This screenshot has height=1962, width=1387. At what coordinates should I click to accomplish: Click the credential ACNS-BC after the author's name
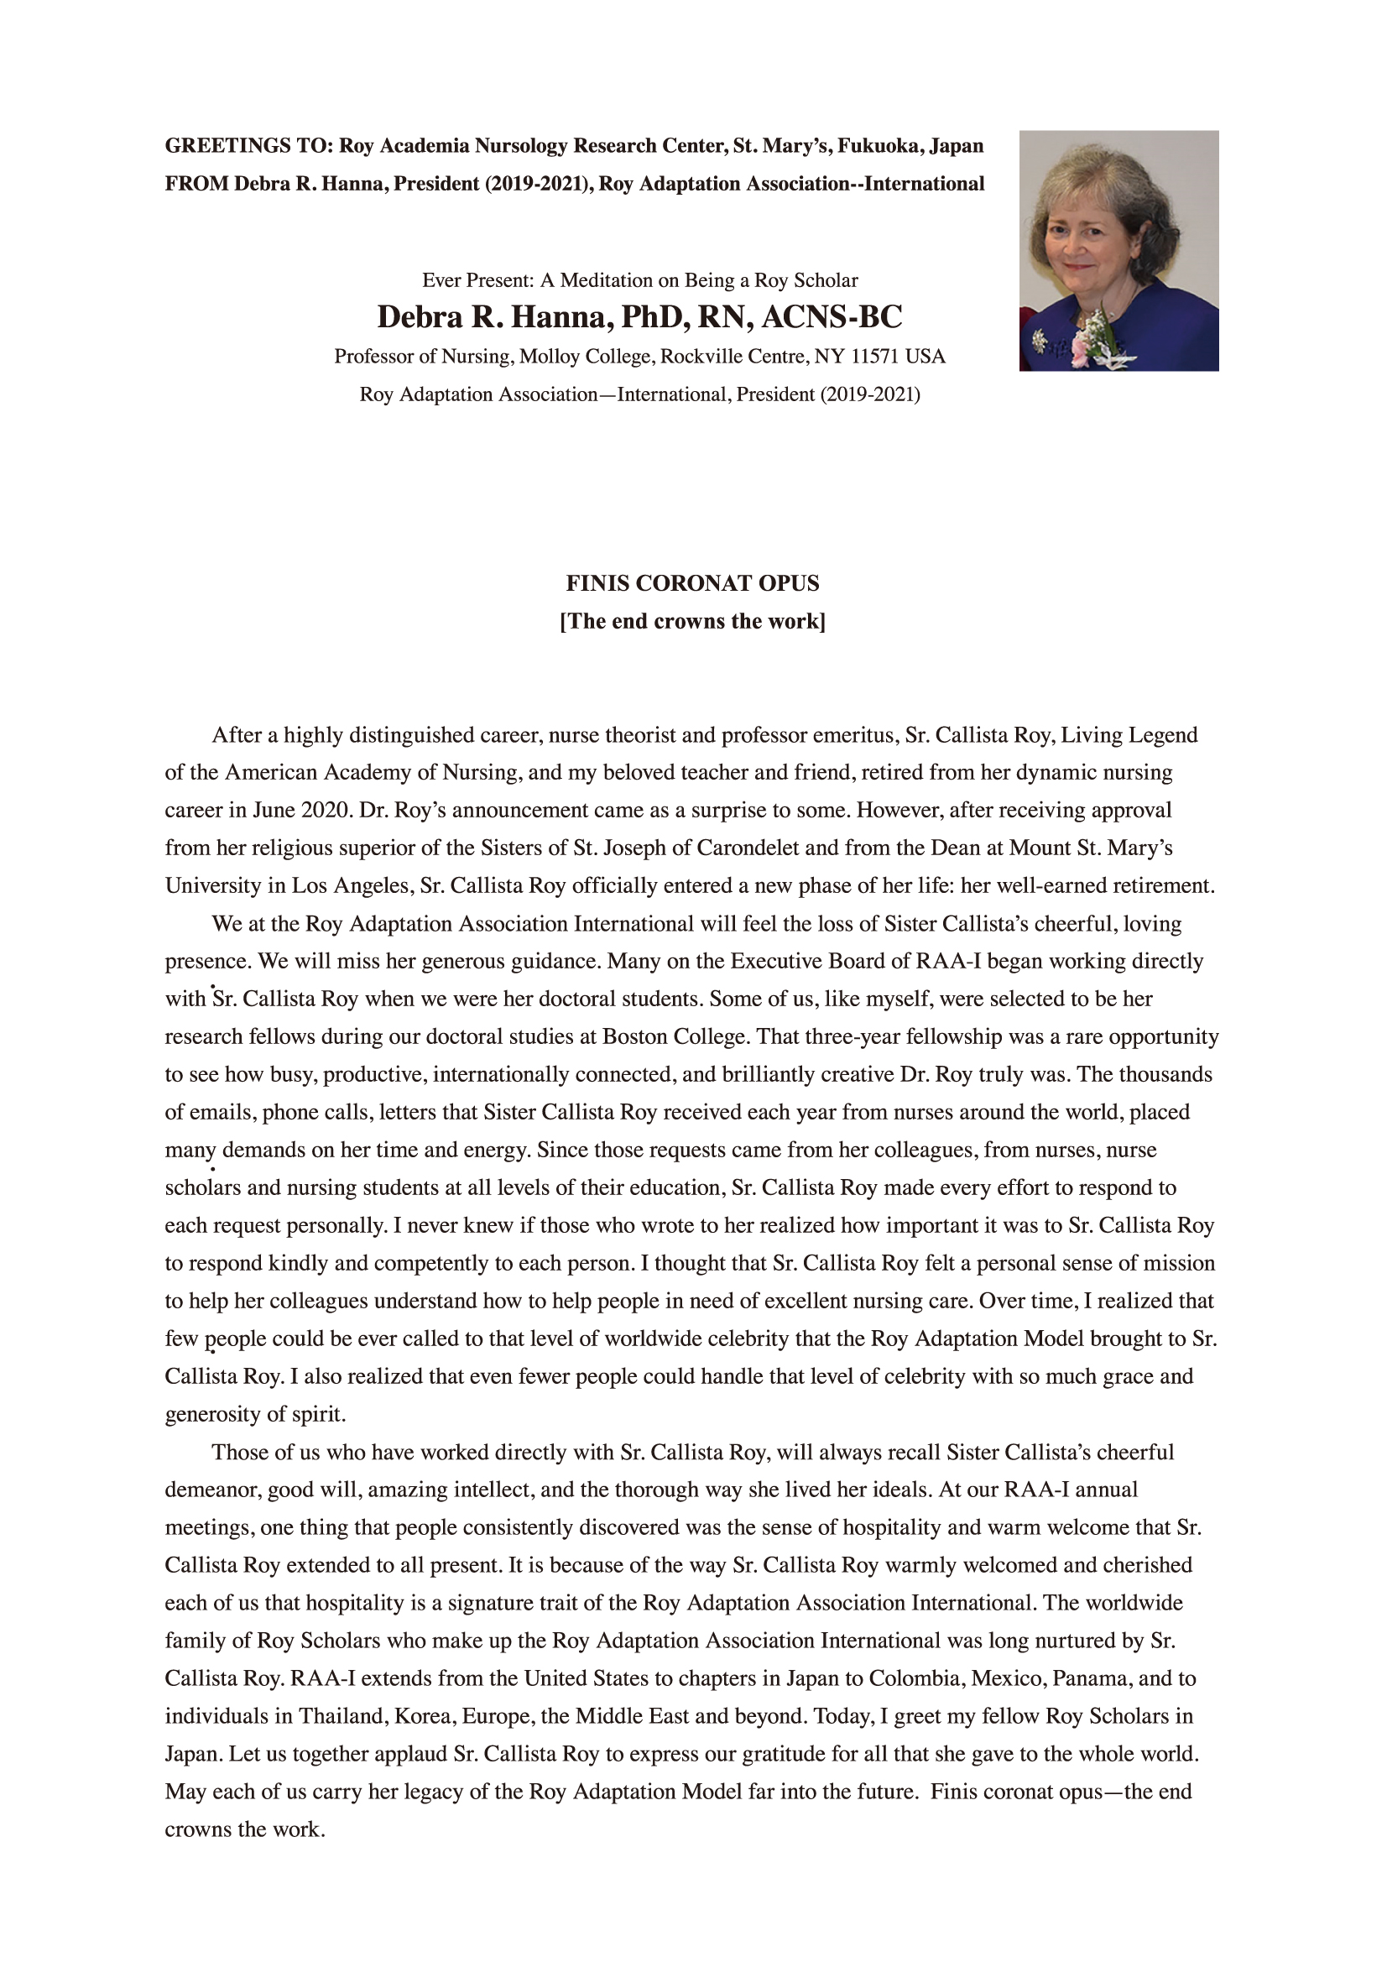tap(832, 317)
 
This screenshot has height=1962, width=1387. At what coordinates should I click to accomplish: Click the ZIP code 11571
tap(875, 357)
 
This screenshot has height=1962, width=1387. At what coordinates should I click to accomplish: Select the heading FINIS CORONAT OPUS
tap(692, 583)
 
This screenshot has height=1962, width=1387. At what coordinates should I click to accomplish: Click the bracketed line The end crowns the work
tap(692, 621)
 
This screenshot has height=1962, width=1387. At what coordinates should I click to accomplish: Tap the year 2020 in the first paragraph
tap(325, 810)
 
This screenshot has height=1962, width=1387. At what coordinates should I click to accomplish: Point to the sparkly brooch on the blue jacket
tap(1039, 340)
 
